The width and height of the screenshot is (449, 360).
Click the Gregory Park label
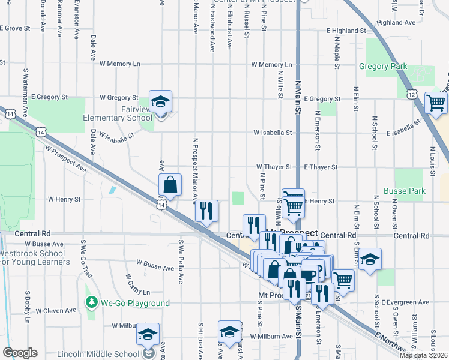coord(383,67)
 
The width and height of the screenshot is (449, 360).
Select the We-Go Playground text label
coord(135,304)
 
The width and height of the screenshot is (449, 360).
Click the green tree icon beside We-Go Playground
coord(91,303)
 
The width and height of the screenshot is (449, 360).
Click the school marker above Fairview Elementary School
coord(160,102)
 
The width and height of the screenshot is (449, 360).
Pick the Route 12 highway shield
coord(411,94)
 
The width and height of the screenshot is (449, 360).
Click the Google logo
coord(20,353)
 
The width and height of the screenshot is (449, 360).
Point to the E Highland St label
coord(346,30)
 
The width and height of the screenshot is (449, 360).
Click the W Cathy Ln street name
coord(137,285)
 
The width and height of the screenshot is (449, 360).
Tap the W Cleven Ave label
coord(56,311)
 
